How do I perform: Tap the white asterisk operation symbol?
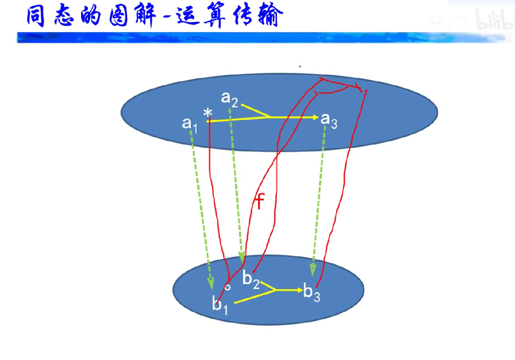(x=208, y=113)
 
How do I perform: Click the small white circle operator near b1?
(x=228, y=287)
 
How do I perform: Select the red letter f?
(x=259, y=201)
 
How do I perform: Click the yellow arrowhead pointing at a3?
(x=315, y=117)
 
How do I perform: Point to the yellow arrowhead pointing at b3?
(x=298, y=290)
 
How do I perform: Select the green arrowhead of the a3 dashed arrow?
(x=313, y=270)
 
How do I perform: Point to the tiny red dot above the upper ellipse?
(x=300, y=66)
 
